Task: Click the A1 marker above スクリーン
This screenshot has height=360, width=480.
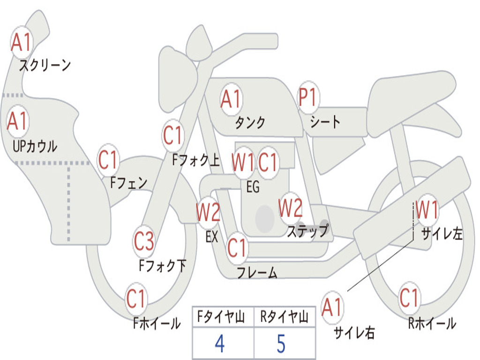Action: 22,42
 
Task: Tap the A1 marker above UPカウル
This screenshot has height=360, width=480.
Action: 18,121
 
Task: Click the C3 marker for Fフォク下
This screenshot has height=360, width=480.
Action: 144,241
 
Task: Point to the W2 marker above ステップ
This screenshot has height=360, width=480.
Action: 291,208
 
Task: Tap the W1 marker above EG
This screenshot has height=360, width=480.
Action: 243,162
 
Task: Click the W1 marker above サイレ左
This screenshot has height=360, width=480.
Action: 427,210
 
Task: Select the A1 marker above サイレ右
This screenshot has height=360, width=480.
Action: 332,307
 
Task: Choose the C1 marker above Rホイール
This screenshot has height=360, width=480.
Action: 409,298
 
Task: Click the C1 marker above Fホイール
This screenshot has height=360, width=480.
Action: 136,299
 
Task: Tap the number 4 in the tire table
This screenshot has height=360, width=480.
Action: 220,344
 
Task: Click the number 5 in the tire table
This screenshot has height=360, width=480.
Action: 281,344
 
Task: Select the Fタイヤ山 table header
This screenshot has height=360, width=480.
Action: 221,316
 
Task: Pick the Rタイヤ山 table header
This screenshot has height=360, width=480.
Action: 285,316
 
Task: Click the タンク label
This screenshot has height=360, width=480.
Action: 250,122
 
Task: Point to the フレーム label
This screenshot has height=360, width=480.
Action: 257,272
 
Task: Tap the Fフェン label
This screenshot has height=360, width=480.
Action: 128,183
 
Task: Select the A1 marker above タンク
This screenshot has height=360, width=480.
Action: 232,99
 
